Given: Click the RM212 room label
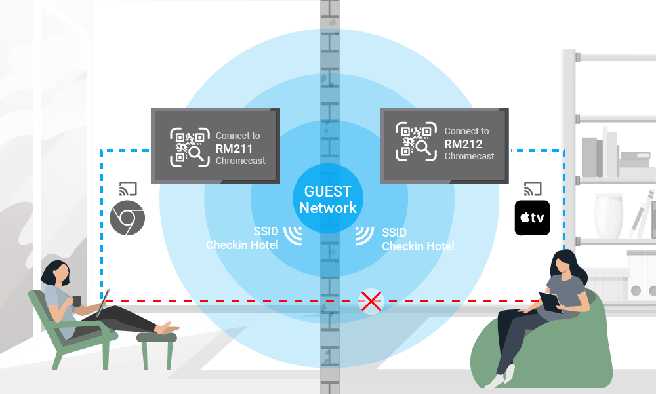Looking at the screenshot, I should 463,144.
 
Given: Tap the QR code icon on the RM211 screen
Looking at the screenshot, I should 190,146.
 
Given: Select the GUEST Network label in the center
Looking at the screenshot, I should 328,200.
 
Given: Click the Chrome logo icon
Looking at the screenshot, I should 127,218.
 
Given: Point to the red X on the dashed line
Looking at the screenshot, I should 372,302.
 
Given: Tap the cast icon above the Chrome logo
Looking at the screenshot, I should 127,189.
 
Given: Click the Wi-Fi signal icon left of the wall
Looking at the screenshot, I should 293,236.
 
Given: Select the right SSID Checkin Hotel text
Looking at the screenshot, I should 418,239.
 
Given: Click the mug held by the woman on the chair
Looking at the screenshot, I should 76,301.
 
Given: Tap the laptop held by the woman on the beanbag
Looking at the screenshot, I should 550,302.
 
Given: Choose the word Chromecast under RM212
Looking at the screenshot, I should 469,156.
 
